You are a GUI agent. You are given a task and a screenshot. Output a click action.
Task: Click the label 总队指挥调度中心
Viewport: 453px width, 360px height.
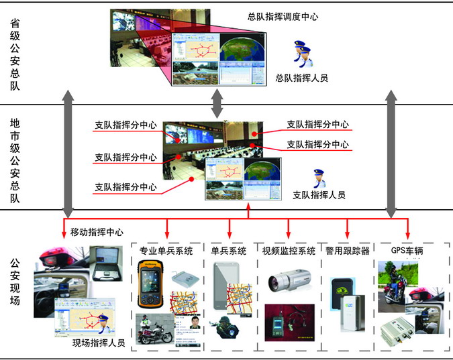point(283,16)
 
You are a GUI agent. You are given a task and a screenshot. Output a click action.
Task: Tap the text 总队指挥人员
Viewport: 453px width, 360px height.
point(302,78)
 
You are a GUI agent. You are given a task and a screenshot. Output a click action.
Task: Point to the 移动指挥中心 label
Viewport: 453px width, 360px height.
point(97,233)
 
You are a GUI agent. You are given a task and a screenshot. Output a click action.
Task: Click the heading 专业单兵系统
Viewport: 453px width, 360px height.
point(166,251)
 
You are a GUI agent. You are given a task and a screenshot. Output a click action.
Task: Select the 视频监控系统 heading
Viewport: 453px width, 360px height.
point(289,251)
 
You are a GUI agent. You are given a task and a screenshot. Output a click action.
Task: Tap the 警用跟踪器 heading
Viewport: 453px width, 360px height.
point(348,251)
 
